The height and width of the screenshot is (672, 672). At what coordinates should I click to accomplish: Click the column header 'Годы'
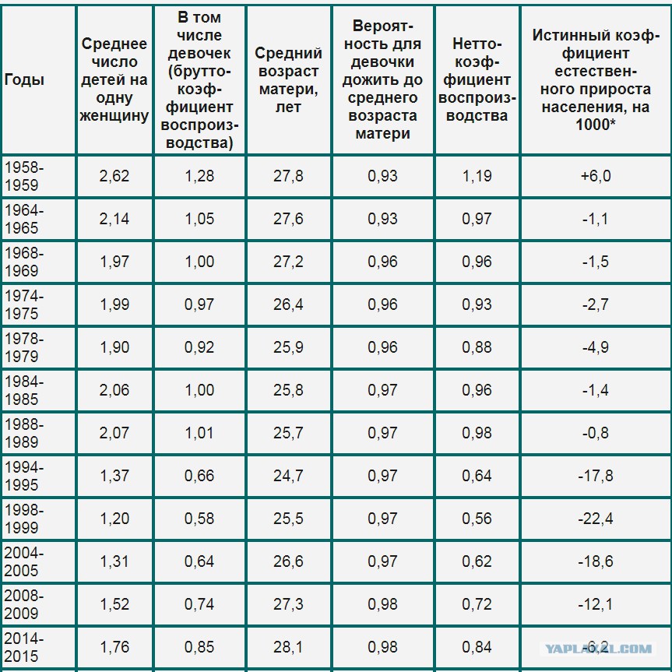tap(25, 79)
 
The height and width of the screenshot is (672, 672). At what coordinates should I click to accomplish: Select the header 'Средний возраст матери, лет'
tap(288, 79)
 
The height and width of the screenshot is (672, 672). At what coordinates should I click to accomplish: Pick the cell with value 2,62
tap(114, 175)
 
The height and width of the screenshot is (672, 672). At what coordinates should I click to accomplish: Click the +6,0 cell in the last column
tap(596, 175)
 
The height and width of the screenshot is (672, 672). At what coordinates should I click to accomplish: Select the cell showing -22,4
tap(596, 519)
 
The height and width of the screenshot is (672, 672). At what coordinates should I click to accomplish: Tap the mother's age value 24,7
tap(288, 476)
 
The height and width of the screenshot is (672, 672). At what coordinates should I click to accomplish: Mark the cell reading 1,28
tap(199, 175)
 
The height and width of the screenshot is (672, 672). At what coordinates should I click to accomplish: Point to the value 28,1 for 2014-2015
tap(288, 647)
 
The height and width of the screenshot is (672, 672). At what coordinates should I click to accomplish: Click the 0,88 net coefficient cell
tap(477, 347)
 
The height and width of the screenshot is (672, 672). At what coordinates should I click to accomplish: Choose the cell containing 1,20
tap(114, 519)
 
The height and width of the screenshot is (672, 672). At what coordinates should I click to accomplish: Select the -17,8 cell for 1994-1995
tap(596, 476)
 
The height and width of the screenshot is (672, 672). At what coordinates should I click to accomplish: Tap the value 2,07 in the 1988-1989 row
tap(114, 433)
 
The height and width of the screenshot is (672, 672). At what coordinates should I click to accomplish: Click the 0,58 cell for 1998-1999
tap(199, 519)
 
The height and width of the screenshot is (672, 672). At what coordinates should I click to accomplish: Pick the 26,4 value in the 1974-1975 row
tap(288, 304)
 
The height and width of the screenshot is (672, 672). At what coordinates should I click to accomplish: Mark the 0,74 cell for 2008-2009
tap(199, 604)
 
